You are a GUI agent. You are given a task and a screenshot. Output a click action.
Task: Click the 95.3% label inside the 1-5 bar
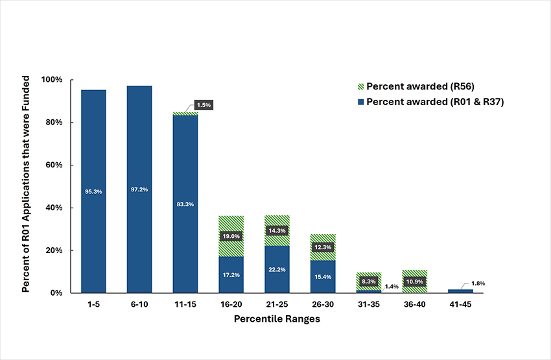93,191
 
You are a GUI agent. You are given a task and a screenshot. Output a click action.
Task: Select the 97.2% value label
139,189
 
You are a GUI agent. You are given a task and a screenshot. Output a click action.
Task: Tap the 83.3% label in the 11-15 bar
185,204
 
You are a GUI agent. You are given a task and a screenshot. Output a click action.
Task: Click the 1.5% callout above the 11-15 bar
204,104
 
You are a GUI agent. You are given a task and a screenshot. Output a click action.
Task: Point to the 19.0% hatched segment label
231,237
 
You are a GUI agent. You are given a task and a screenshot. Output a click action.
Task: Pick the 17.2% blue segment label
231,275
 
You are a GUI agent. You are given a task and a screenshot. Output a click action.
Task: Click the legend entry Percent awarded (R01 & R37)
430,102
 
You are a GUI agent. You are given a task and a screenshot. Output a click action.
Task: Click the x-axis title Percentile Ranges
277,318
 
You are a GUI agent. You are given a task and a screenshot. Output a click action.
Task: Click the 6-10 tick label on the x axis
139,303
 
